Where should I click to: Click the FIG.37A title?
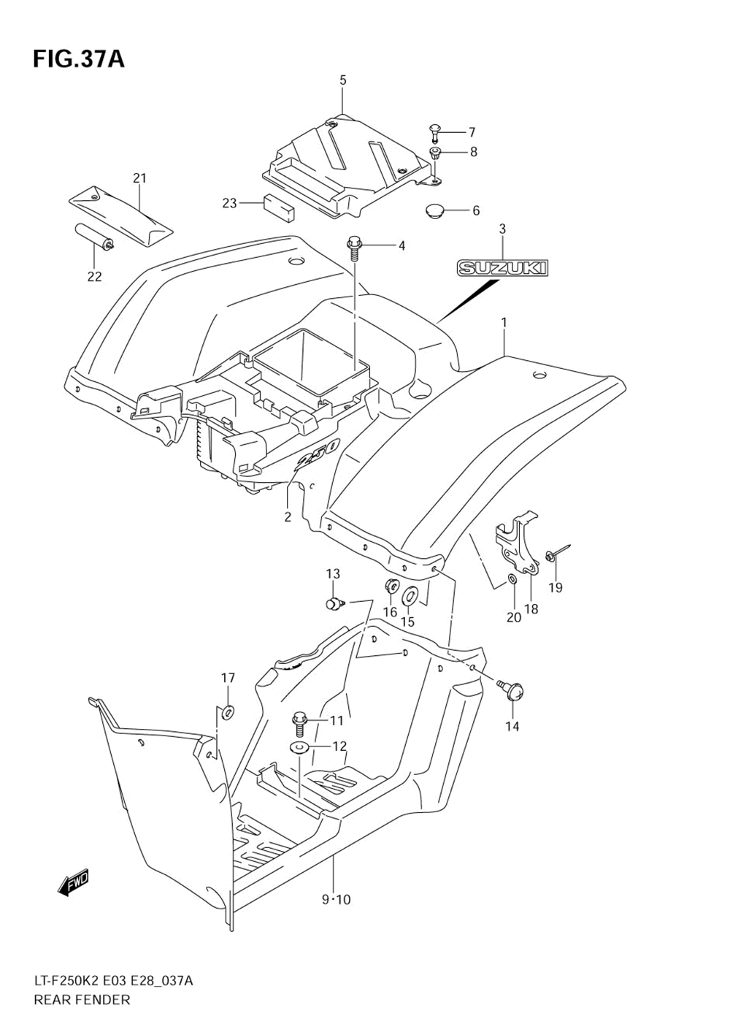[78, 58]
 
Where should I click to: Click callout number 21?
[139, 177]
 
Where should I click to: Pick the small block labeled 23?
[279, 206]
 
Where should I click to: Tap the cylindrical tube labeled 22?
[93, 237]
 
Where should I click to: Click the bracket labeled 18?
[520, 548]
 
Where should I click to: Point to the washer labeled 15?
[410, 595]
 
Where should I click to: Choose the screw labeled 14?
[512, 687]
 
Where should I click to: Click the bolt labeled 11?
[300, 722]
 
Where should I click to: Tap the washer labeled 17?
[228, 711]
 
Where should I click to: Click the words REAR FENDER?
[81, 1000]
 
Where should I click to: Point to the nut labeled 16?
[391, 586]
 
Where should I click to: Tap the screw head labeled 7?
[434, 132]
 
